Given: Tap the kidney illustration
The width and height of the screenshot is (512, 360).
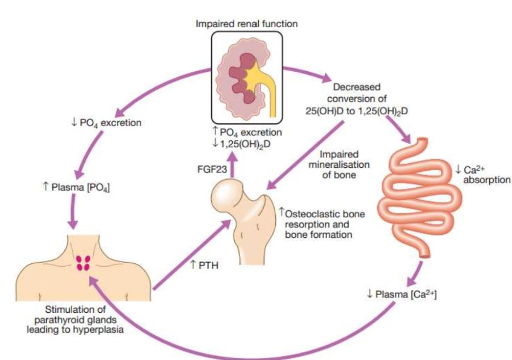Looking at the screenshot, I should (239, 73).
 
